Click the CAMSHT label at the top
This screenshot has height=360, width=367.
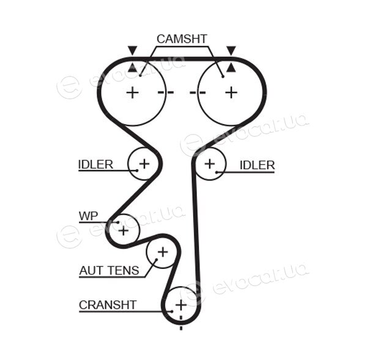pyautogui.click(x=182, y=39)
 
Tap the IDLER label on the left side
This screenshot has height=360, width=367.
pyautogui.click(x=95, y=164)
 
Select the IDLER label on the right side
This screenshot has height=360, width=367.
pyautogui.click(x=257, y=165)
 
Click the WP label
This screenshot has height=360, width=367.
pyautogui.click(x=89, y=216)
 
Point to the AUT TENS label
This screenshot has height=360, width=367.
pyautogui.click(x=109, y=271)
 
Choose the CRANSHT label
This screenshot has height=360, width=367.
pyautogui.click(x=108, y=305)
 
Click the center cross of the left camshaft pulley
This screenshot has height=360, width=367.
pyautogui.click(x=133, y=92)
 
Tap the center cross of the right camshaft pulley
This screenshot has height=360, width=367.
pyautogui.click(x=231, y=92)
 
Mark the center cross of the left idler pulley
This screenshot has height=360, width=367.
pyautogui.click(x=144, y=164)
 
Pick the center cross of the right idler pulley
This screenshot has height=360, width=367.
pyautogui.click(x=210, y=164)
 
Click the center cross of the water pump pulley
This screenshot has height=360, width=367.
pyautogui.click(x=124, y=231)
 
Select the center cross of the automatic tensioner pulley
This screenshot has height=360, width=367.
pyautogui.click(x=163, y=252)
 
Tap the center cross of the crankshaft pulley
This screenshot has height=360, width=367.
pyautogui.click(x=181, y=305)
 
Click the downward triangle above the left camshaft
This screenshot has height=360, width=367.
pyautogui.click(x=132, y=50)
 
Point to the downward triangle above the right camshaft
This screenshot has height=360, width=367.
pyautogui.click(x=231, y=50)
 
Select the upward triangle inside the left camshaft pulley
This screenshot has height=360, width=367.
pyautogui.click(x=132, y=67)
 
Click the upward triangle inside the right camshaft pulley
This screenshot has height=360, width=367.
pyautogui.click(x=231, y=67)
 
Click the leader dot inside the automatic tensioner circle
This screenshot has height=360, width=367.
pyautogui.click(x=157, y=259)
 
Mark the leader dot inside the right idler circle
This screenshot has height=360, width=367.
pyautogui.click(x=217, y=172)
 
